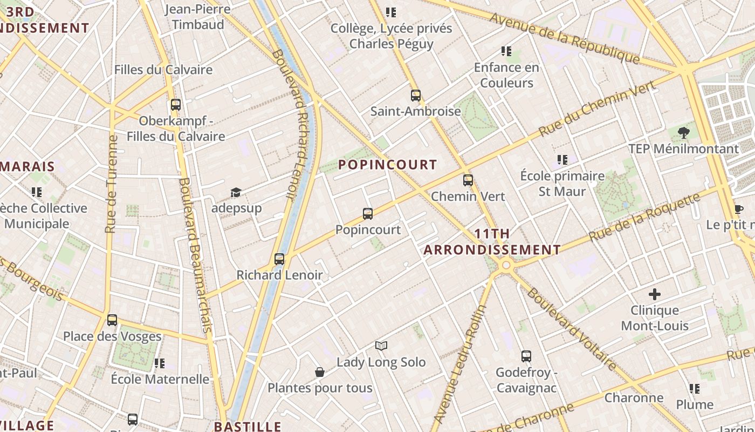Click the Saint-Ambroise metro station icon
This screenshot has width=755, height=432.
pyautogui.click(x=415, y=96)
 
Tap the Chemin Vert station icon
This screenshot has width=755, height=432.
pyautogui.click(x=468, y=180)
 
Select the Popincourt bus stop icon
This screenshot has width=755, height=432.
pyautogui.click(x=368, y=214)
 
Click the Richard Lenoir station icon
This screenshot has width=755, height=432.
pyautogui.click(x=279, y=259)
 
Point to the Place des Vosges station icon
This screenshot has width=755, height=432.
pyautogui.click(x=112, y=320)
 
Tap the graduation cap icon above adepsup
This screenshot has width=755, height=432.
pyautogui.click(x=236, y=193)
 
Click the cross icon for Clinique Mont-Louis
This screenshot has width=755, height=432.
pyautogui.click(x=655, y=294)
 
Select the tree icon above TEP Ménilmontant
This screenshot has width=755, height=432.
pyautogui.click(x=683, y=132)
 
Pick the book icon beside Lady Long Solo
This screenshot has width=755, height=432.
pyautogui.click(x=381, y=346)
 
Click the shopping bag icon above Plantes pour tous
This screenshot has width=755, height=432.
pyautogui.click(x=320, y=372)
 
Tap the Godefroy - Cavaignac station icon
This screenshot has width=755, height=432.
pyautogui.click(x=526, y=356)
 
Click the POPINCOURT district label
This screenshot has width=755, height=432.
pyautogui.click(x=387, y=165)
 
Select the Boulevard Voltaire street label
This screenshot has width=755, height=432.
pyautogui.click(x=572, y=329)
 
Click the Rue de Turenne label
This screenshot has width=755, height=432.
pyautogui.click(x=112, y=184)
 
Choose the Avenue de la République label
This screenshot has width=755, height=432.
pyautogui.click(x=565, y=38)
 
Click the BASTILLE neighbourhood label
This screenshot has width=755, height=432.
pyautogui.click(x=248, y=427)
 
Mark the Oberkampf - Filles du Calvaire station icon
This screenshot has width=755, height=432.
pyautogui.click(x=175, y=105)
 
